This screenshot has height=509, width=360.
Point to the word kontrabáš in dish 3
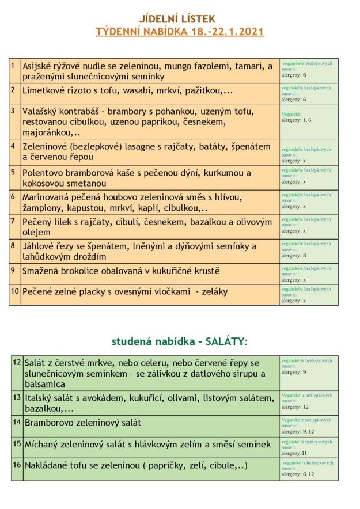point(81,111)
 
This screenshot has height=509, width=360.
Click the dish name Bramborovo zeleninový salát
point(83,423)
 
